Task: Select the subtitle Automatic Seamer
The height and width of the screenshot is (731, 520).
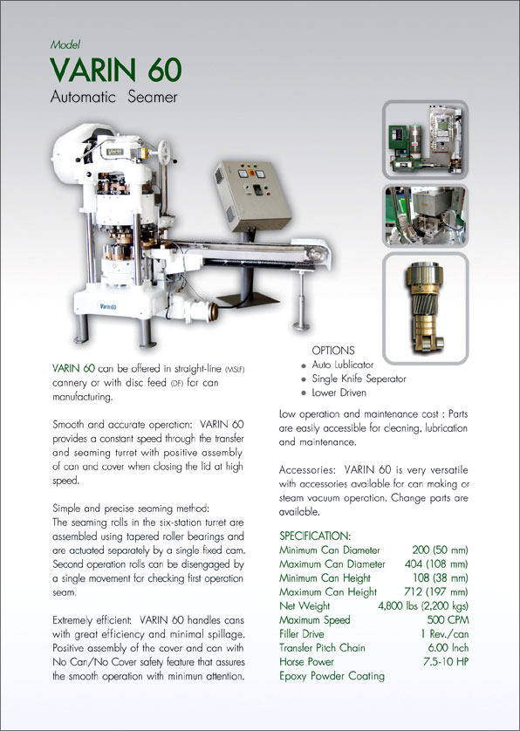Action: tap(113, 97)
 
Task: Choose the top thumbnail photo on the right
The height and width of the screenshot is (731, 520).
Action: tap(426, 138)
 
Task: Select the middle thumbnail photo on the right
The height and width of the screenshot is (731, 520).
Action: tap(426, 215)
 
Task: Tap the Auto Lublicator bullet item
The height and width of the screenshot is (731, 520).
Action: tap(342, 364)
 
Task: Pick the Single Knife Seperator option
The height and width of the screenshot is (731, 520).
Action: tap(358, 379)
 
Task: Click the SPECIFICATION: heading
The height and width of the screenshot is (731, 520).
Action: tap(315, 535)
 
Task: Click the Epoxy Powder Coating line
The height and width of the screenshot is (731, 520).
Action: tap(332, 676)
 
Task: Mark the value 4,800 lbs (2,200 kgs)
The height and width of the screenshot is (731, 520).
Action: tap(422, 605)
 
